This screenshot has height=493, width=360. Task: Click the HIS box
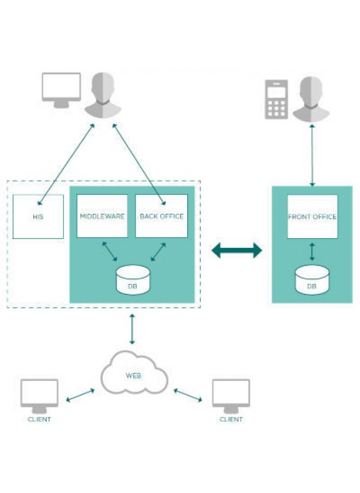coord(38,217)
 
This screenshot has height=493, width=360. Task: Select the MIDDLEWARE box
coord(102,216)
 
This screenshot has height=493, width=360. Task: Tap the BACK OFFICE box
coord(162,216)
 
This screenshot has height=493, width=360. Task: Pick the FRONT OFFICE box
coord(313,217)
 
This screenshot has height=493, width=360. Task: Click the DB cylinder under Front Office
coord(313,280)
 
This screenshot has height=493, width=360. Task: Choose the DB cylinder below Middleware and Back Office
coord(133,280)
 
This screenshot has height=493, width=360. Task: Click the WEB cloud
coord(134,373)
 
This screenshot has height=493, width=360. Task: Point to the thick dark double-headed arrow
coord(237,251)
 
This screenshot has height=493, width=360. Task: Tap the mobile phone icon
coord(276,99)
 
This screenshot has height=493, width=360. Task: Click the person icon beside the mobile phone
coord(311,98)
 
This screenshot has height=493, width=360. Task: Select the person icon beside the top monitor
coord(103,95)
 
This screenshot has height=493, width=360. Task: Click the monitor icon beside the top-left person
coord(62,91)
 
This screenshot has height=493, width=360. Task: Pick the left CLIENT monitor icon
coord(40,396)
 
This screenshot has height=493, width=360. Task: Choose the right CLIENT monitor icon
coord(231,396)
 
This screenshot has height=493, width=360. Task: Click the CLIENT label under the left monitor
coord(40,419)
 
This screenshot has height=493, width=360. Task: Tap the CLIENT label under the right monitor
coord(231,419)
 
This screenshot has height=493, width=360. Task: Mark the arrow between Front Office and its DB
coord(313,251)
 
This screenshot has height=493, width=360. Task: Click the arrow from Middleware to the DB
coord(110,251)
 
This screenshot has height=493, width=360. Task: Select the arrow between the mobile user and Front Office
coord(313,155)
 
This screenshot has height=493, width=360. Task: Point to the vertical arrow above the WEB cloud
coord(133,329)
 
